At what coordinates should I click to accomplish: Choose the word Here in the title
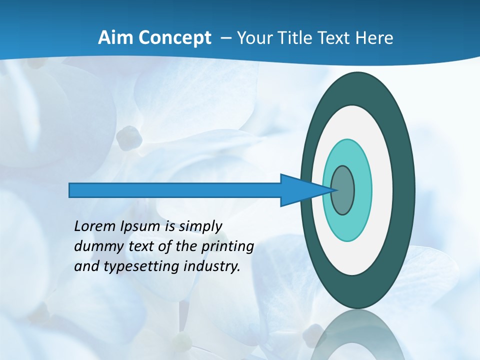[374, 37]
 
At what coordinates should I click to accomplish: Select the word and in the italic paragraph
[85, 266]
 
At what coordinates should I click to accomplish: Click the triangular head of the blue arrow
[300, 190]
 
